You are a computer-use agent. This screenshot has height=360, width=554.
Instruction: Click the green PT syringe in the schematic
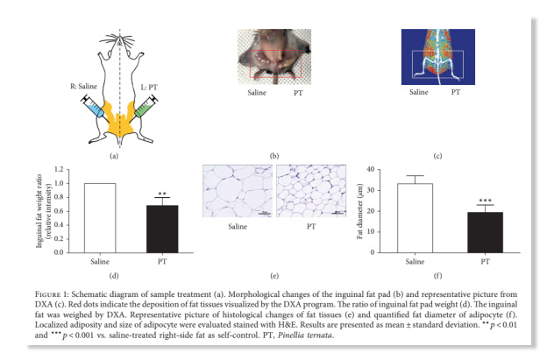pos(145,109)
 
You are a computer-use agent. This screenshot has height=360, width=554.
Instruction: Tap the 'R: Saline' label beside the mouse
pos(84,86)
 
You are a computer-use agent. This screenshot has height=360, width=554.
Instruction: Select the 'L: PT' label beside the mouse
pos(149,87)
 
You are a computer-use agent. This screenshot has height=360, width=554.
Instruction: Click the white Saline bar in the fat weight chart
pos(100,218)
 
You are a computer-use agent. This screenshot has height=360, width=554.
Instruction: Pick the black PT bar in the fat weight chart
pos(162,229)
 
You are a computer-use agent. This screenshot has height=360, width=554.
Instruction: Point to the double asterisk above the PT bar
pos(162,194)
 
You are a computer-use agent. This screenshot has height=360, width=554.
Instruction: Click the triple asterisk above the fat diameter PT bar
pos(485,201)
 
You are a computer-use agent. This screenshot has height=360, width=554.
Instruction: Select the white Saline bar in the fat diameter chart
pos(415,218)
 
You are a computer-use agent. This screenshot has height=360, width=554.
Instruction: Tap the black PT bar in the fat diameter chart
pos(485,232)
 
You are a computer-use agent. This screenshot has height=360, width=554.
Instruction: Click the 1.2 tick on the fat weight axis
pos(59,169)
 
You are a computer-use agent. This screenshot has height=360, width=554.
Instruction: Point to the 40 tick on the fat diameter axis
pos(370,169)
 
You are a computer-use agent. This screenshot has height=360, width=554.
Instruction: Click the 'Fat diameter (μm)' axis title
pos(360,211)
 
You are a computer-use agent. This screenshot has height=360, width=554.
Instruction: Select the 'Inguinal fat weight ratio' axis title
pos(39,211)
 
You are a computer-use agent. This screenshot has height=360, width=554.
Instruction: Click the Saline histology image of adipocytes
pos(238,191)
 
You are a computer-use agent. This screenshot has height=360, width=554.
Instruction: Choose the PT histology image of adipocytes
pos(311,191)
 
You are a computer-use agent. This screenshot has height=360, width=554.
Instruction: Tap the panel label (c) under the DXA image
pos(437,156)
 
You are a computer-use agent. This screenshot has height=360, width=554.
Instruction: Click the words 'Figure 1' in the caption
pos(52,294)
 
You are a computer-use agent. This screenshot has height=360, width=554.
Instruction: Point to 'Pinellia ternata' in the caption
pos(304,335)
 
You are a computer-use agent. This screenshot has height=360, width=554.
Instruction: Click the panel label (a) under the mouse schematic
pos(114,156)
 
